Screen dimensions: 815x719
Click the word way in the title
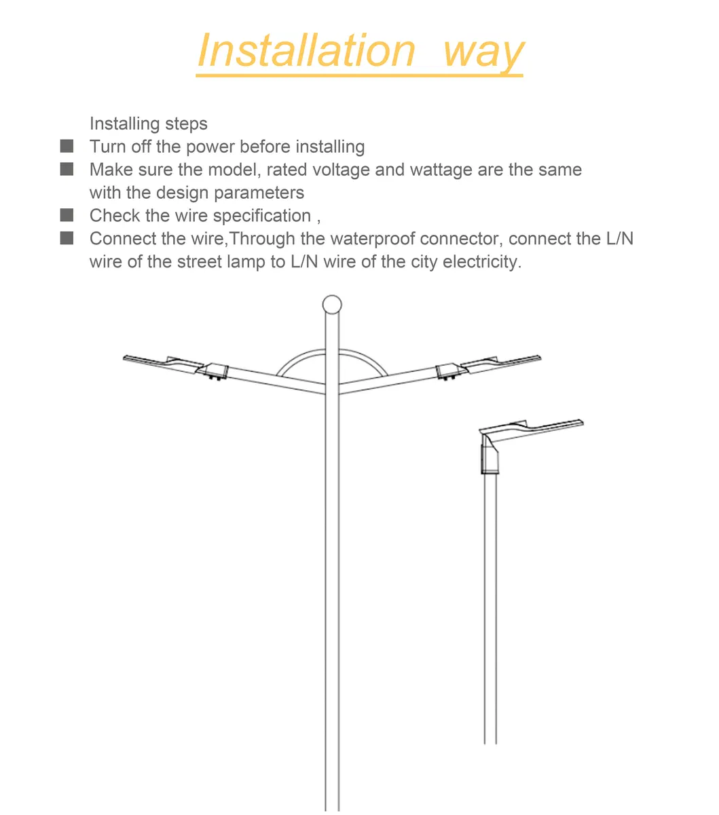click(483, 52)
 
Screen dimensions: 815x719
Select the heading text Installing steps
click(148, 124)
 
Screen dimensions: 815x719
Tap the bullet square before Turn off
click(67, 146)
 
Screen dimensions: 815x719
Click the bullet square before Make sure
click(67, 169)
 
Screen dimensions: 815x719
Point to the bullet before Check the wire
click(67, 215)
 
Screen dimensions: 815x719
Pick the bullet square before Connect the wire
click(67, 238)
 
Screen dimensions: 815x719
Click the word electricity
click(481, 262)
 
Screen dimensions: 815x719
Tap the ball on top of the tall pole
click(332, 304)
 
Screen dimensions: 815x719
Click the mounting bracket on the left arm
click(217, 371)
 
